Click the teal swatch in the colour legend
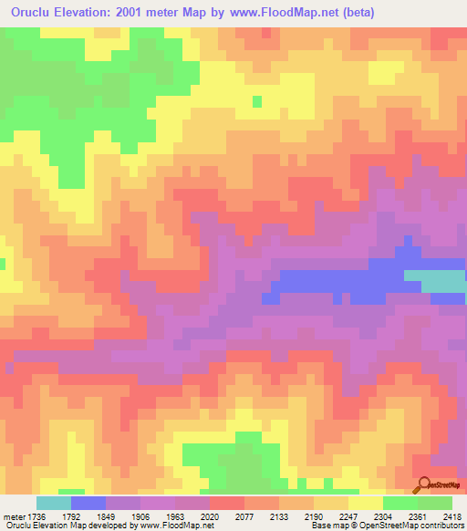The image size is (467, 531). tap(54, 503)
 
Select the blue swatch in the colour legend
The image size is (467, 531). tap(88, 503)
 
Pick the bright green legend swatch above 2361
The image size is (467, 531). tap(400, 503)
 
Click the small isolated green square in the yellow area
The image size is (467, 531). tap(257, 101)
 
